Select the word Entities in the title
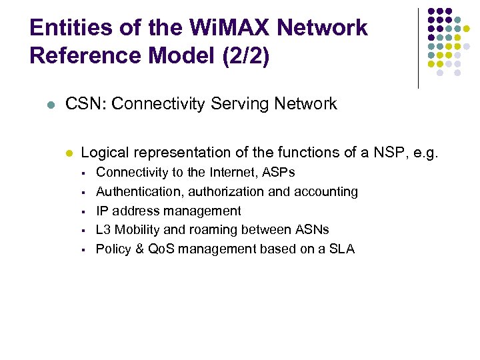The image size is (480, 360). point(69,27)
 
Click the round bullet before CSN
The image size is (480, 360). point(51,105)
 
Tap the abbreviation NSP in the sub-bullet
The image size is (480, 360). point(382,153)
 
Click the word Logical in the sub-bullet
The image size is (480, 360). point(105,153)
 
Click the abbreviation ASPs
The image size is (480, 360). point(279,173)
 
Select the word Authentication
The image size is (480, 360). point(134,192)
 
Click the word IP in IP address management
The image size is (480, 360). point(102,211)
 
